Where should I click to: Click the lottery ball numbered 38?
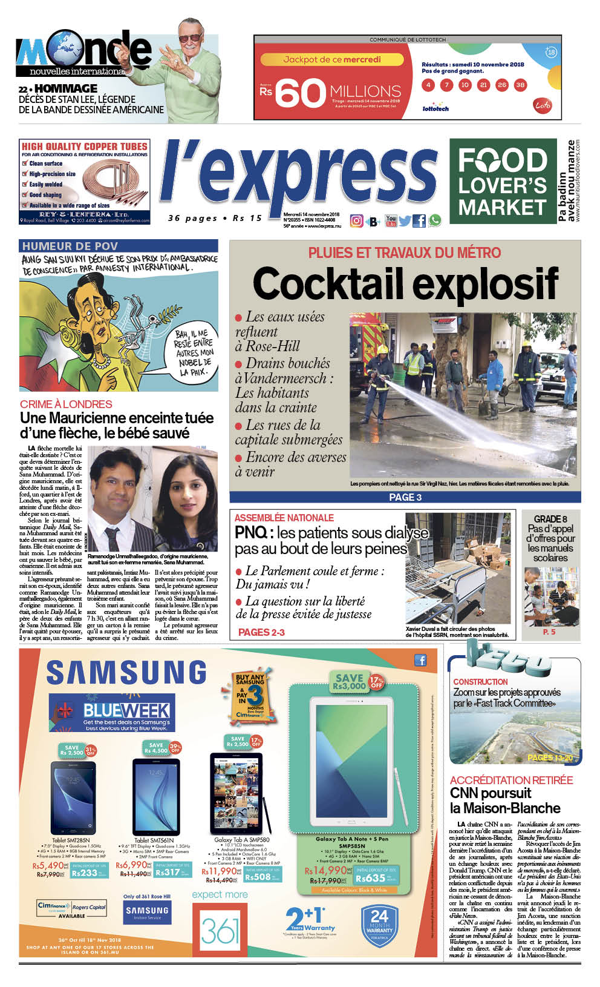pos(520,85)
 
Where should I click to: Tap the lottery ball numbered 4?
pos(428,85)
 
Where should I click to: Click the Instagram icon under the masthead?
pos(357,221)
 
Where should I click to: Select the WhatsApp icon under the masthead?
pos(435,221)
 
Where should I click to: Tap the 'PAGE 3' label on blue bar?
pos(405,497)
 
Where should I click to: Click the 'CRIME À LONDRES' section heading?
pos(66,404)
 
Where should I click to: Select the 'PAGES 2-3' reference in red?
pos(261,632)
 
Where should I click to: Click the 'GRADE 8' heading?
pos(550,519)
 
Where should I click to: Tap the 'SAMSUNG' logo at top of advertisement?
pos(126,673)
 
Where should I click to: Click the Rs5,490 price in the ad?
pos(48,867)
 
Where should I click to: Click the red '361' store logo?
pos(220,931)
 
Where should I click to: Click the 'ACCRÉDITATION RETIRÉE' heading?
pos(511,781)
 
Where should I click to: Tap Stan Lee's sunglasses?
pos(191,38)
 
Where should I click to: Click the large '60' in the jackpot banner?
pos(301,93)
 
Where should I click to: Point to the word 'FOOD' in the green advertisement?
pos(502,161)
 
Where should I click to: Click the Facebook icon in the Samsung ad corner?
pos(420,660)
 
